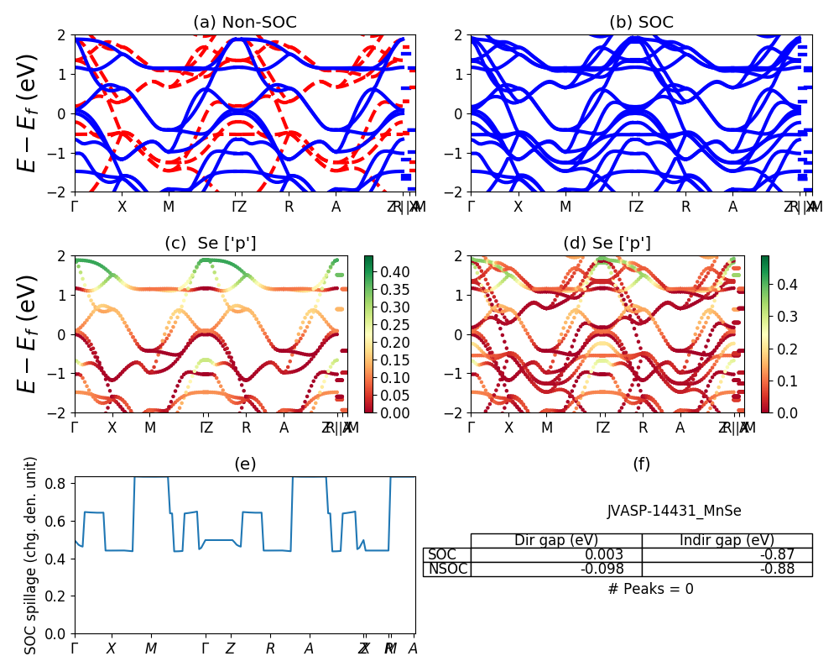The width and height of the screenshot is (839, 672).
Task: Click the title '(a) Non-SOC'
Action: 245,23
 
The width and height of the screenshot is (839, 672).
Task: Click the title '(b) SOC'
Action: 641,23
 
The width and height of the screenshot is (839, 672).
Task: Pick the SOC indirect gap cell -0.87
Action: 791,555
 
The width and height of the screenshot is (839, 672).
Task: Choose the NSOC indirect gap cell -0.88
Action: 791,570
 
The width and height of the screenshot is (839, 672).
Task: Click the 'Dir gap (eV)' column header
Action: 556,540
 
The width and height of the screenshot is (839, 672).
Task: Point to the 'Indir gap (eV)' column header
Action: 727,540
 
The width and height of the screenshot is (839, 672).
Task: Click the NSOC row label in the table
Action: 446,570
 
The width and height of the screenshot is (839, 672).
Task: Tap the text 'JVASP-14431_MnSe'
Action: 675,511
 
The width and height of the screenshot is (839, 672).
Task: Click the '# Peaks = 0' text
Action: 650,589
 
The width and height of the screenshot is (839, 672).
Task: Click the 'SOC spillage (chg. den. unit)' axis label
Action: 32,555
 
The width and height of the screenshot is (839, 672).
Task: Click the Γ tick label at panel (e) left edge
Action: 75,648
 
